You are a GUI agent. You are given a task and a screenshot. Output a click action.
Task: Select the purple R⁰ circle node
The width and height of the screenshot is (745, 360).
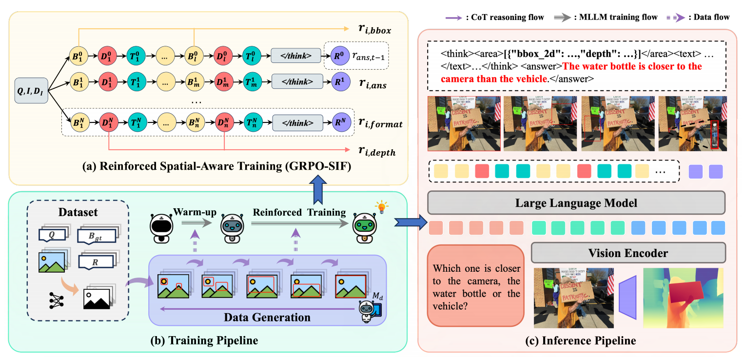coord(339,55)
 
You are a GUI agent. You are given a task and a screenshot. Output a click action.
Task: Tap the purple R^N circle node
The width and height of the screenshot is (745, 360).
coord(339,122)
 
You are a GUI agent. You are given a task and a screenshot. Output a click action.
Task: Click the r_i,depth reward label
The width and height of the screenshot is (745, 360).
coord(375,152)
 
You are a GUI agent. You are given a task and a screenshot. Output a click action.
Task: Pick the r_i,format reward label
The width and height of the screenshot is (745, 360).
coord(379,123)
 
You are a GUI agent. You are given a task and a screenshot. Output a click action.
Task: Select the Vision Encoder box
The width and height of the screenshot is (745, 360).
coord(628,252)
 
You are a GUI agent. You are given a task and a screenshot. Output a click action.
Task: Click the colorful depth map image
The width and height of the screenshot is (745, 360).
coord(683,297)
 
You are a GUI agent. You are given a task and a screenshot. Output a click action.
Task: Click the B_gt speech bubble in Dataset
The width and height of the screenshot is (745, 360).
coord(97,237)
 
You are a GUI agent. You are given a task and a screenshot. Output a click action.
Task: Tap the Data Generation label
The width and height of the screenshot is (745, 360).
coord(267,317)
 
